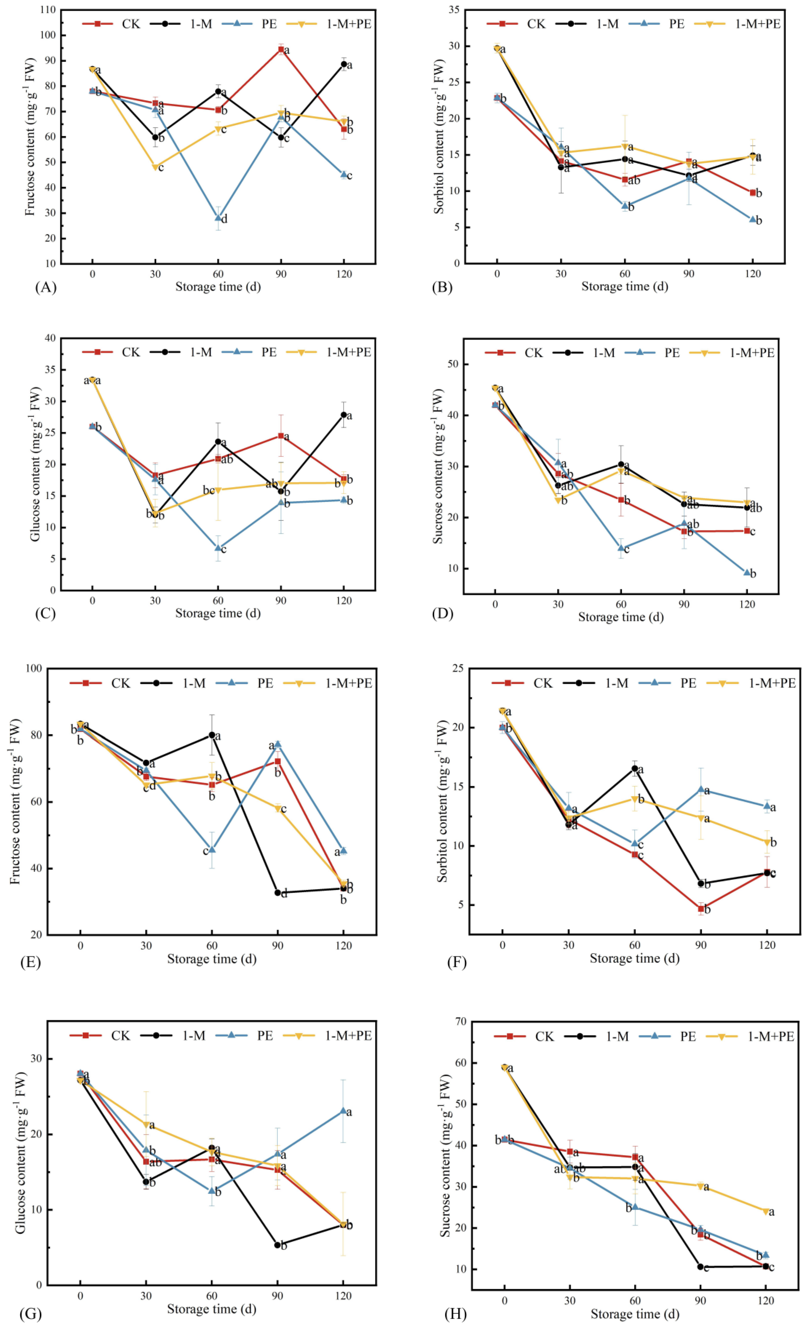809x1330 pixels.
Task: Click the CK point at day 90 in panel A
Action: [x=281, y=50]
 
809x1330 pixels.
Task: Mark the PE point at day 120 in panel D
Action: [x=747, y=573]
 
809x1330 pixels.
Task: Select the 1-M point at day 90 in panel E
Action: [x=278, y=893]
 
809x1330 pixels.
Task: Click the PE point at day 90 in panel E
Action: [x=278, y=744]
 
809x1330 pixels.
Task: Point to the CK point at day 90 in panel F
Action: [x=700, y=908]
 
